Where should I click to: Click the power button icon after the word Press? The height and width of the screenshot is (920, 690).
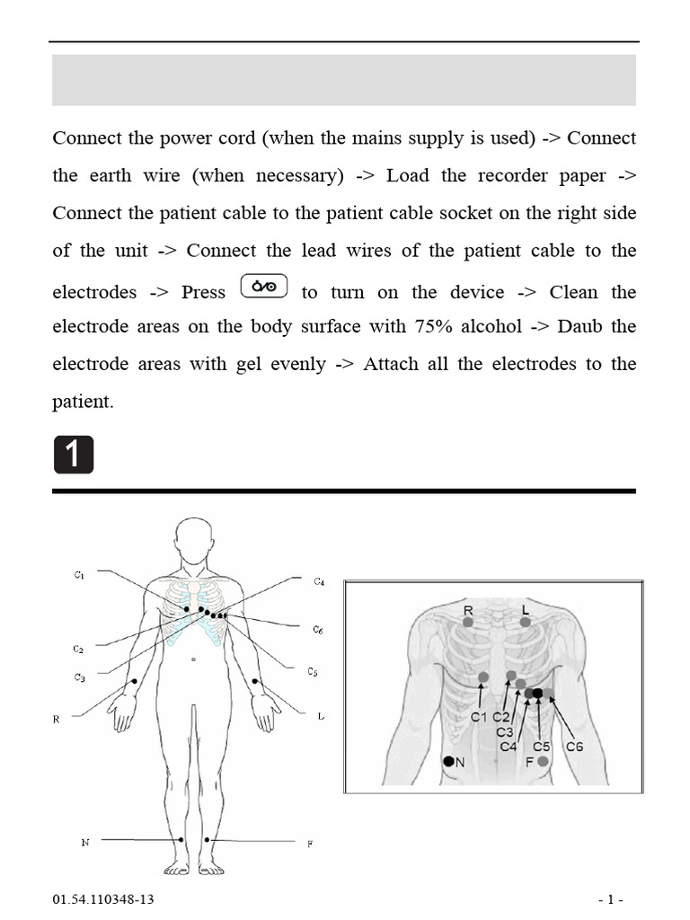tap(264, 287)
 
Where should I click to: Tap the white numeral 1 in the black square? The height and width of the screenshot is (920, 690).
tap(73, 456)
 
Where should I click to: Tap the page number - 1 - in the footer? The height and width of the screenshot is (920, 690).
tap(611, 899)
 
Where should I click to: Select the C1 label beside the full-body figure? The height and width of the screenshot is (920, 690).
tap(79, 573)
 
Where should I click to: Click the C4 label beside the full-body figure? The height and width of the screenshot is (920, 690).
tap(319, 581)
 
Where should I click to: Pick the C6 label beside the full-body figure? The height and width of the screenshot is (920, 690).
tap(318, 630)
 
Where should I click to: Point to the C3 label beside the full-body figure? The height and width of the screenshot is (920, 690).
tap(79, 677)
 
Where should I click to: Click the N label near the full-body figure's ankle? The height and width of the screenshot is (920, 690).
tap(86, 842)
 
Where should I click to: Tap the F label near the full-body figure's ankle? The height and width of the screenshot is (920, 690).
tap(310, 845)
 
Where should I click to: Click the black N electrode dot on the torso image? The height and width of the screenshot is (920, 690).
tap(448, 761)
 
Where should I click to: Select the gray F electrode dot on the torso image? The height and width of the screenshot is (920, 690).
tap(543, 761)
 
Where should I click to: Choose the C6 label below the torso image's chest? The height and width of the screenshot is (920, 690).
tap(574, 746)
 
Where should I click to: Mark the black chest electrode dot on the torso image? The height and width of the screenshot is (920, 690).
tap(537, 693)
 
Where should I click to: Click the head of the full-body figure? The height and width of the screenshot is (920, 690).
tap(194, 539)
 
